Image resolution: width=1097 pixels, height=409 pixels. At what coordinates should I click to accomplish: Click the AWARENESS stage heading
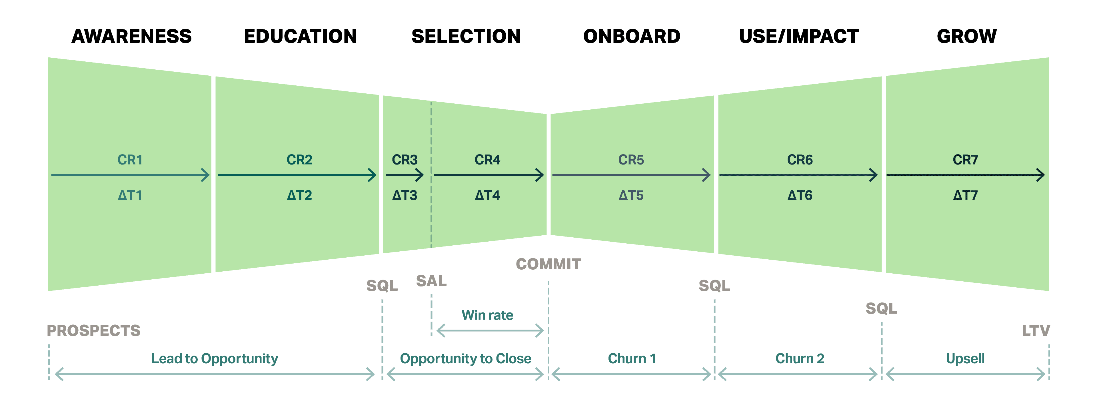(132, 36)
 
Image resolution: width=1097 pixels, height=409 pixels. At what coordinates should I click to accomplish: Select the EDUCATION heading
(300, 36)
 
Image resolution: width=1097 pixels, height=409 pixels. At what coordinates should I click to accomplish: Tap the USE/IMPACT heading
(799, 36)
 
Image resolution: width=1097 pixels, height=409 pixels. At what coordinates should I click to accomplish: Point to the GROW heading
(967, 36)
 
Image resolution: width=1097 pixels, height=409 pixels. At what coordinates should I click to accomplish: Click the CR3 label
(405, 160)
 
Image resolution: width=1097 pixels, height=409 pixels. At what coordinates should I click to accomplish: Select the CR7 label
(965, 160)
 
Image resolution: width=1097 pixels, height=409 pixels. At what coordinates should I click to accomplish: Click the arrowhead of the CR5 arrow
(707, 175)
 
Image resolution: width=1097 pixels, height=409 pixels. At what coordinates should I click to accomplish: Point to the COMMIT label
(548, 264)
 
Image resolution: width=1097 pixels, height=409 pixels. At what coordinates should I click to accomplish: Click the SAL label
(431, 281)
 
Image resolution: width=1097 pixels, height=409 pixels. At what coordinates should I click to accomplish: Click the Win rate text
(488, 315)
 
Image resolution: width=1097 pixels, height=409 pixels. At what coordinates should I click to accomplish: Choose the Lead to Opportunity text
(215, 359)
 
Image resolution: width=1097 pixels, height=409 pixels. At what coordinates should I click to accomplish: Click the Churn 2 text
(800, 359)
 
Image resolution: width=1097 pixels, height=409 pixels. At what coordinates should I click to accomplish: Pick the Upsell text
(965, 359)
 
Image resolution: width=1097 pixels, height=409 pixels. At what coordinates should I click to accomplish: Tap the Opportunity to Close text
(465, 359)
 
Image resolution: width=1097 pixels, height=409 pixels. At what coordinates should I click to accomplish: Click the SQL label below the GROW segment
(882, 308)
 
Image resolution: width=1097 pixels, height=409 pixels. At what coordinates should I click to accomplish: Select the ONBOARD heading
(632, 36)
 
